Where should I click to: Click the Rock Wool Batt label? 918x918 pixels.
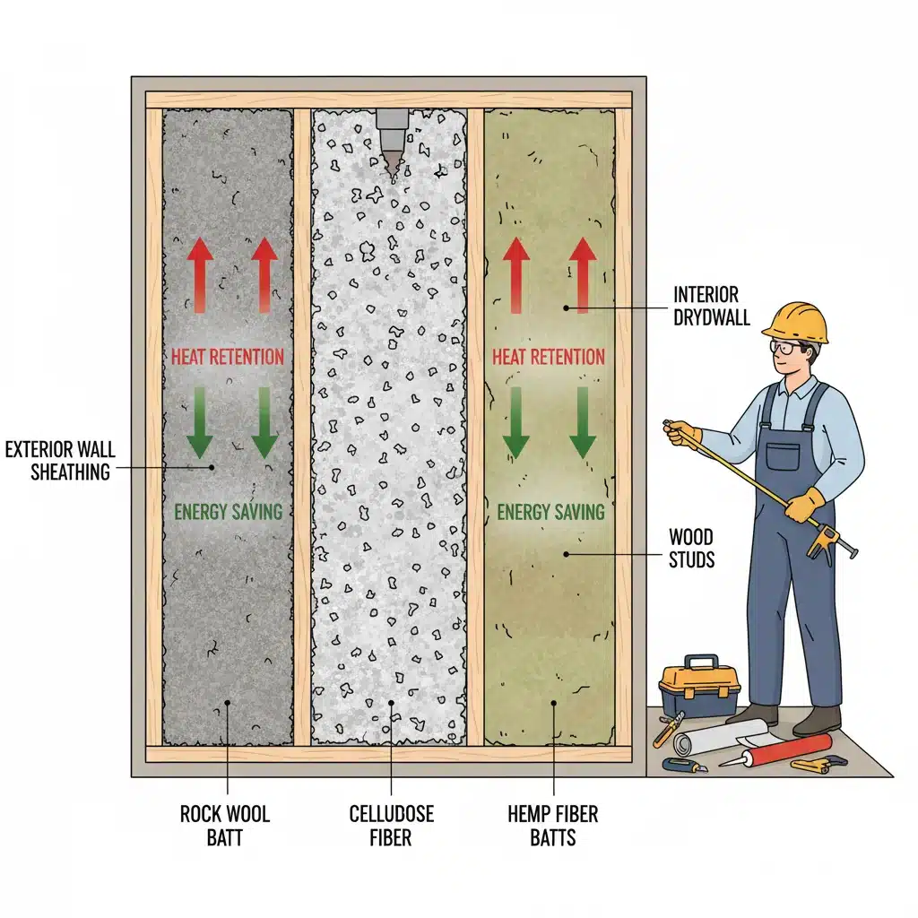tap(225, 826)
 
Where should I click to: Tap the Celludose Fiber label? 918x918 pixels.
tap(391, 826)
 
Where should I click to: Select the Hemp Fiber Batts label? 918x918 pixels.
tap(552, 826)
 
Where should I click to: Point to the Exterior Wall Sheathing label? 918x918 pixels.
tap(60, 461)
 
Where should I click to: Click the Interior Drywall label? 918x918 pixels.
tap(711, 306)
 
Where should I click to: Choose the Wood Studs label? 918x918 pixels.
tap(691, 549)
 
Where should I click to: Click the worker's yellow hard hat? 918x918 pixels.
tap(796, 323)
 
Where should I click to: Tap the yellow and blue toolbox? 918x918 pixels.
tap(699, 686)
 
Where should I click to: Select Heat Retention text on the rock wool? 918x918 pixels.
tap(227, 357)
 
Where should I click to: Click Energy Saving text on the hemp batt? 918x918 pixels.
tap(550, 512)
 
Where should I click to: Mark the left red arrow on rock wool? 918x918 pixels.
tap(200, 274)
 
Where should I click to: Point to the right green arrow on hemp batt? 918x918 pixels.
tap(583, 422)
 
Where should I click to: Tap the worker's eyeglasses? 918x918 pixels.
tap(786, 348)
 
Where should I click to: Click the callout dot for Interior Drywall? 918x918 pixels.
tap(567, 307)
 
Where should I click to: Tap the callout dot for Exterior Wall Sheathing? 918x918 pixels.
tap(212, 467)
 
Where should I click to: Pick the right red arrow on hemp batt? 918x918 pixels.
tap(583, 274)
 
